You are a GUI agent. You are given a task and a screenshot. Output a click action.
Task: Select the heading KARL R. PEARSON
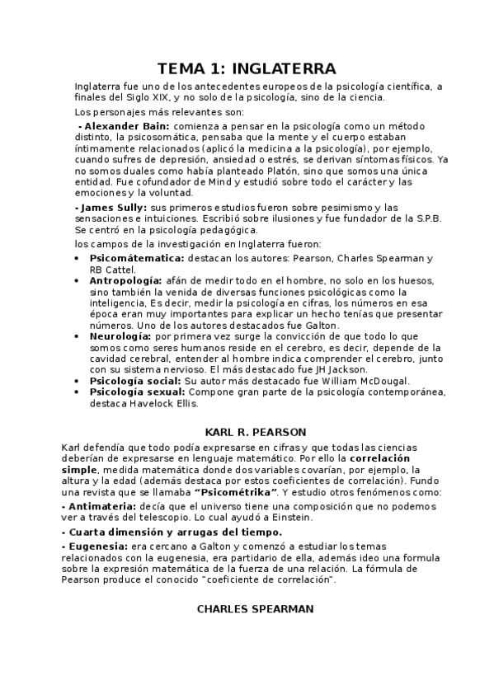click(255, 431)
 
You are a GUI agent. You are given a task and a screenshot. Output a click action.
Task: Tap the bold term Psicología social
click(134, 382)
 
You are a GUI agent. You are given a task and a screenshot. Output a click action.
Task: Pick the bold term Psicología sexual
click(136, 393)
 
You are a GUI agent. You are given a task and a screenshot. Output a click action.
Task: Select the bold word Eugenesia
click(96, 545)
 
